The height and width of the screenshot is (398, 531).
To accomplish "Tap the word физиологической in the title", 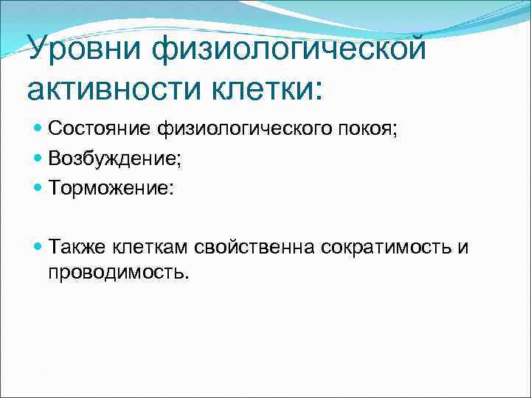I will tap(290, 50).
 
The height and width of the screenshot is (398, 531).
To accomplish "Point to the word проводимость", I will tap(117, 272).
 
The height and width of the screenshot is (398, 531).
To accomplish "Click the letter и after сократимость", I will tap(462, 247).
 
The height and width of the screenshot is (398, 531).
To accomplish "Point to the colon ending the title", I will tap(318, 91).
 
